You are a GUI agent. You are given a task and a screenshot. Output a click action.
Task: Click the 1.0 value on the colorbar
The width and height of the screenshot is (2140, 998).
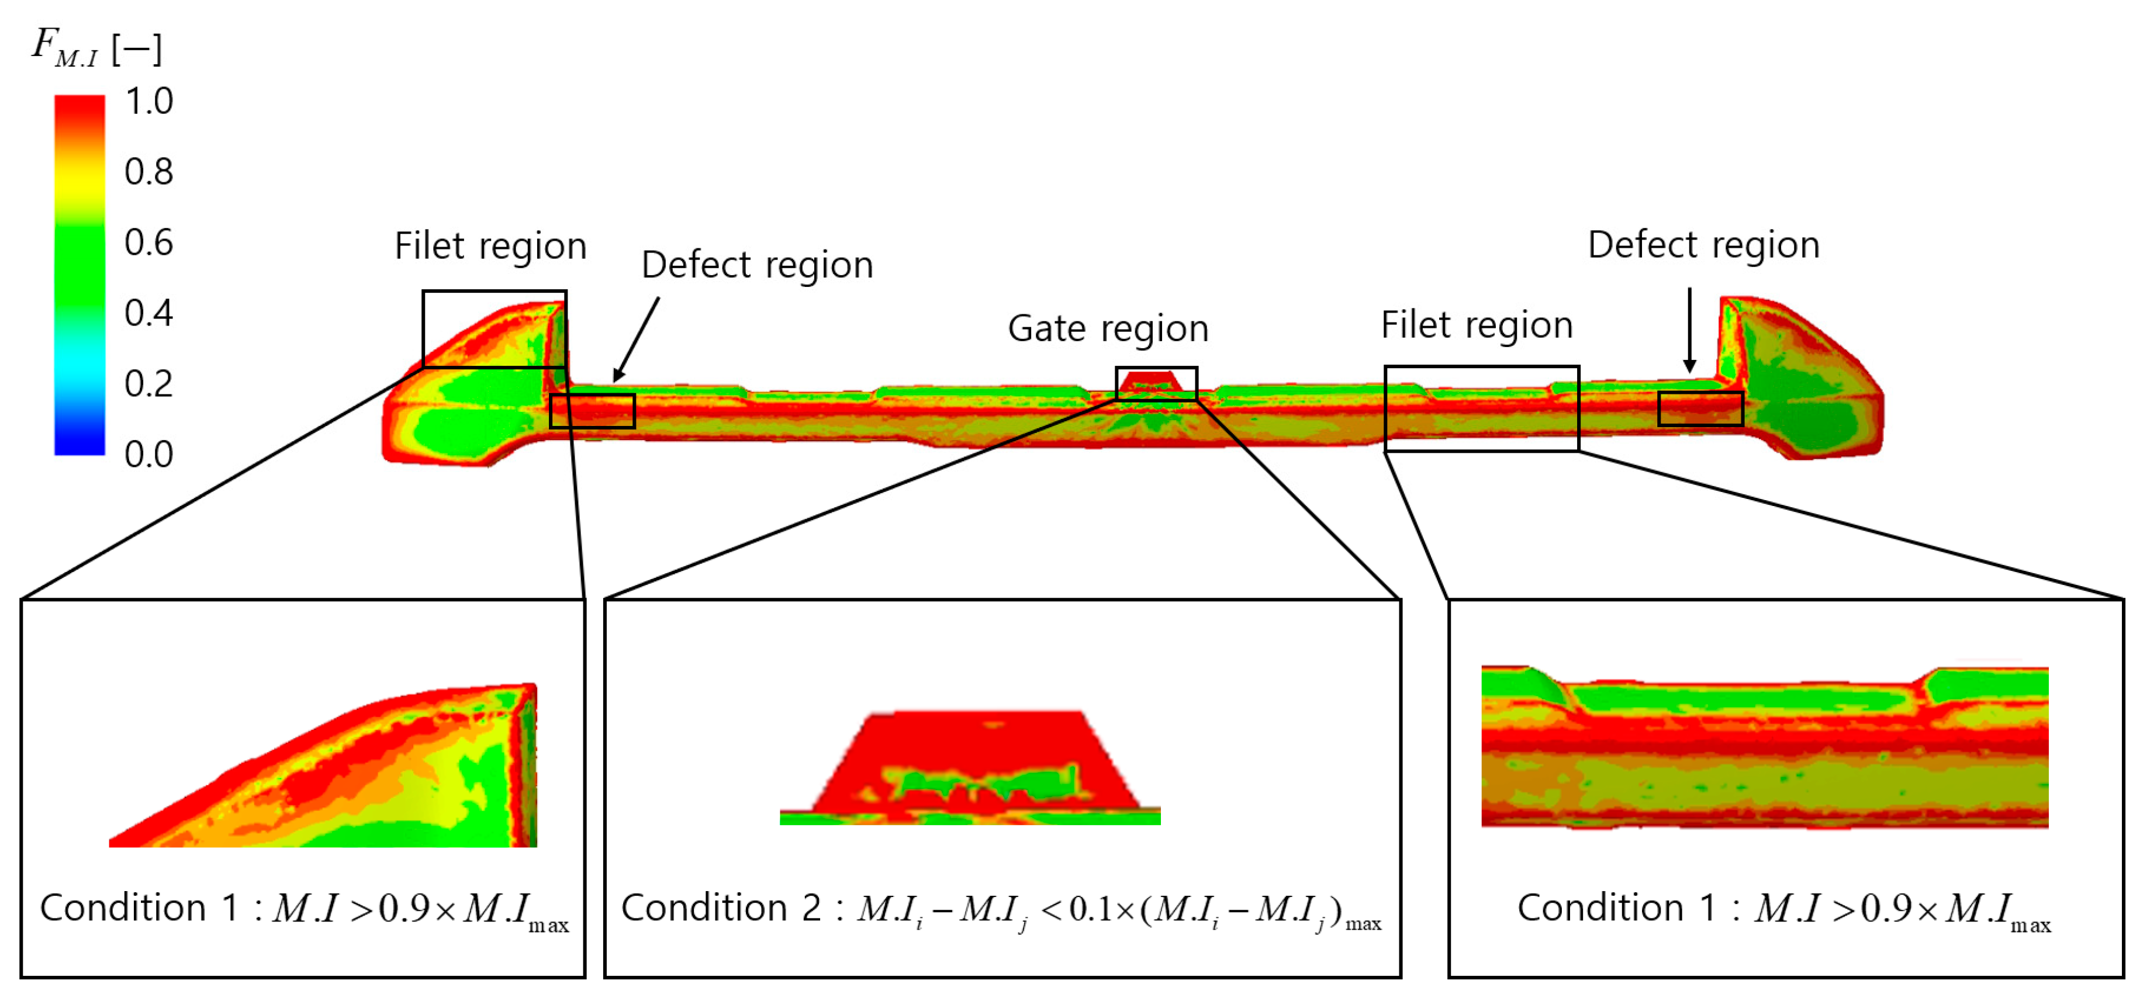click(x=148, y=101)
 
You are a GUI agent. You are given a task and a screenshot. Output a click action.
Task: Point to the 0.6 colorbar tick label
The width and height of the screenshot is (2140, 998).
click(x=148, y=242)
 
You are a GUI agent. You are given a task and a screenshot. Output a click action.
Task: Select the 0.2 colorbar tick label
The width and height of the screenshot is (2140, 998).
click(x=148, y=383)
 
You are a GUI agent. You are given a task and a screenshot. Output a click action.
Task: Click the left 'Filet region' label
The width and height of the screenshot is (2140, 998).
click(x=490, y=247)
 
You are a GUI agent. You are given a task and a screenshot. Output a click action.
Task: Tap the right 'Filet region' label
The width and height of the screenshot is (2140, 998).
click(x=1476, y=325)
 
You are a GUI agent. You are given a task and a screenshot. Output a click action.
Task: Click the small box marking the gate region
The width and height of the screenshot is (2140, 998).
click(x=1156, y=383)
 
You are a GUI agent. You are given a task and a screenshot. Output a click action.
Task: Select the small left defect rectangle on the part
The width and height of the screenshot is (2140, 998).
click(x=592, y=411)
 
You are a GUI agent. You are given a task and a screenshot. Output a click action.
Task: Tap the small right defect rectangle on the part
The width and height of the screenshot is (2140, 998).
click(x=1700, y=408)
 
